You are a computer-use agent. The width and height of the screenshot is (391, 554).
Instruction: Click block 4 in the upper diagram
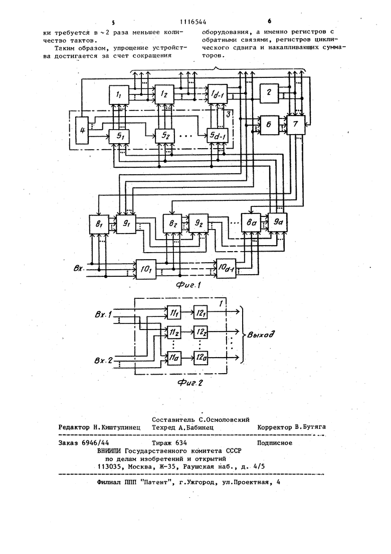[82, 131]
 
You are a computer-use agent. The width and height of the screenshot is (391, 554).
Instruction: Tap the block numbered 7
[295, 125]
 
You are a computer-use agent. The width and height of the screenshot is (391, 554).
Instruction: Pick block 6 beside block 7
[269, 125]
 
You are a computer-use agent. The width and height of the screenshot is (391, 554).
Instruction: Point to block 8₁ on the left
[99, 224]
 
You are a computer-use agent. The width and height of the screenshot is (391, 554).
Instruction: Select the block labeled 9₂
[198, 224]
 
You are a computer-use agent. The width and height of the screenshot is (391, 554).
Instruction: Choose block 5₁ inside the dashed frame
[119, 136]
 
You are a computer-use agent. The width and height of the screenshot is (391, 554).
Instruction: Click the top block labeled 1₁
[119, 94]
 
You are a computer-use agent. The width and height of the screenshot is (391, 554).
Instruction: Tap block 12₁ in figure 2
[200, 311]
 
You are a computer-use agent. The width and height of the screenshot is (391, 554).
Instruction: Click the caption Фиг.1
[188, 285]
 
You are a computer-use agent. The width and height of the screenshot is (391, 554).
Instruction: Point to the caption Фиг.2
[189, 382]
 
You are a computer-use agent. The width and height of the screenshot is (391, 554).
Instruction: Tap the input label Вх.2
[104, 361]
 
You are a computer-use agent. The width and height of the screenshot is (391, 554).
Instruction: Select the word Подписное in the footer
[275, 443]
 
